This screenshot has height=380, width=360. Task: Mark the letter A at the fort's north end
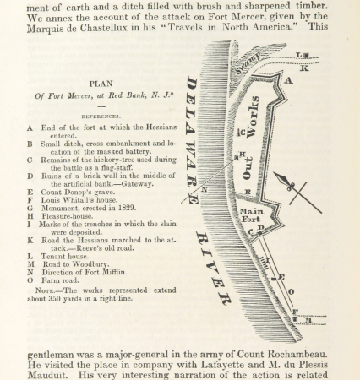point(287,80)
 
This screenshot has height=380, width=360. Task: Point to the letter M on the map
point(308,320)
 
